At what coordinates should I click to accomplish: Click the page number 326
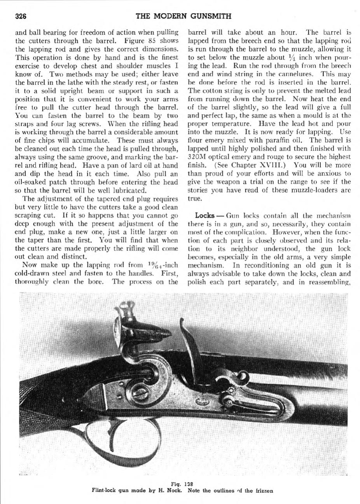point(20,16)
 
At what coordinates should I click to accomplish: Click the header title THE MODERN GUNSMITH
point(183,16)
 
